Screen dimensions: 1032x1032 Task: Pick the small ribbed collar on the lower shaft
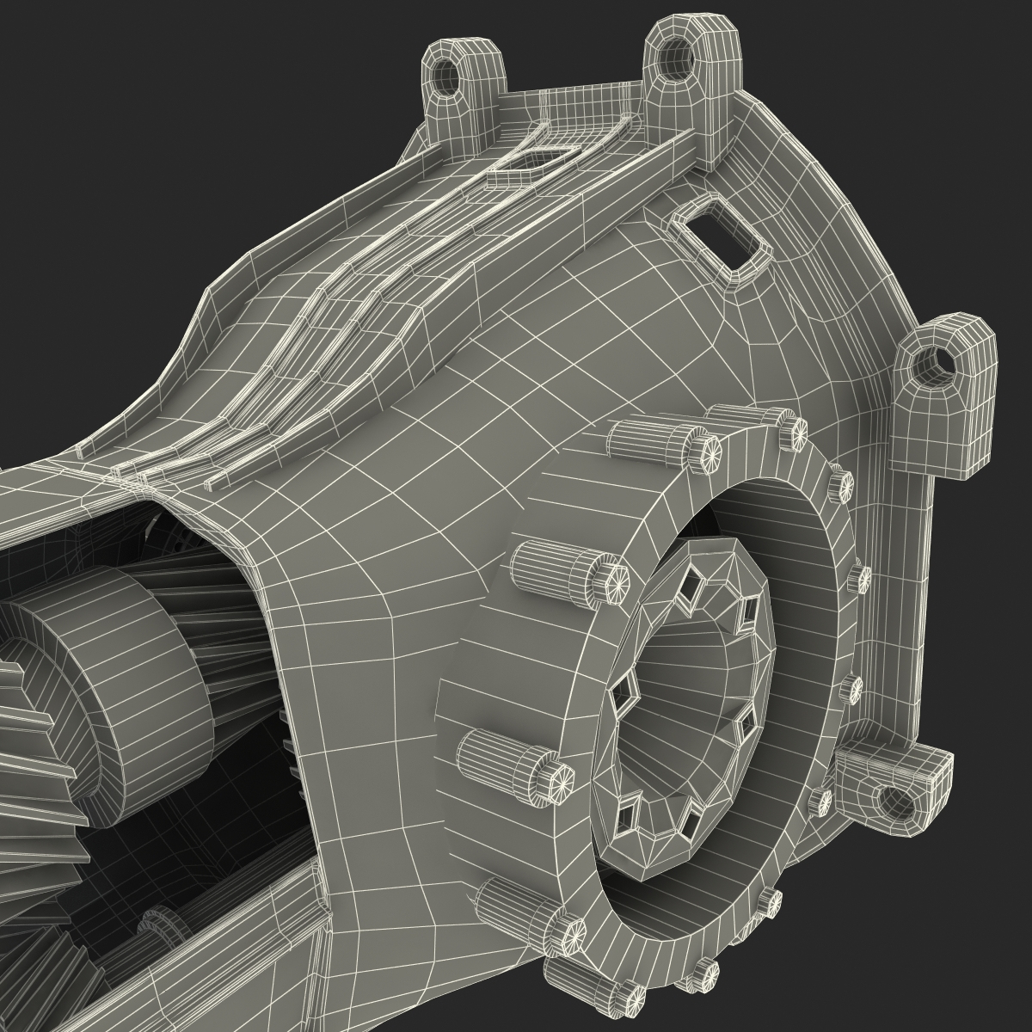[163, 924]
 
